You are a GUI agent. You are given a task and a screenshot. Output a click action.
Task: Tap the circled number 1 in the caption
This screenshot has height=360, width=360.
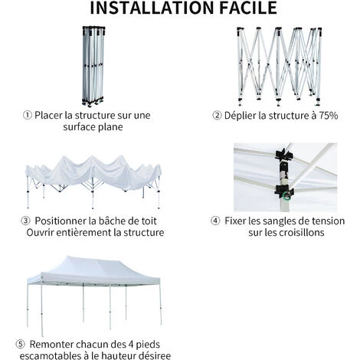pos(28,116)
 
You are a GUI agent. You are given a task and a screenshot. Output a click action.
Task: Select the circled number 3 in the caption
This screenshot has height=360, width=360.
pos(28,221)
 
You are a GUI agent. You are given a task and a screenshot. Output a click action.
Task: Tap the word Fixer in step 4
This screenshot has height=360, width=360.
pos(238,221)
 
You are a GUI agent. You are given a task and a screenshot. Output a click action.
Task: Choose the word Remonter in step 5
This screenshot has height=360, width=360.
pos(61,344)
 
